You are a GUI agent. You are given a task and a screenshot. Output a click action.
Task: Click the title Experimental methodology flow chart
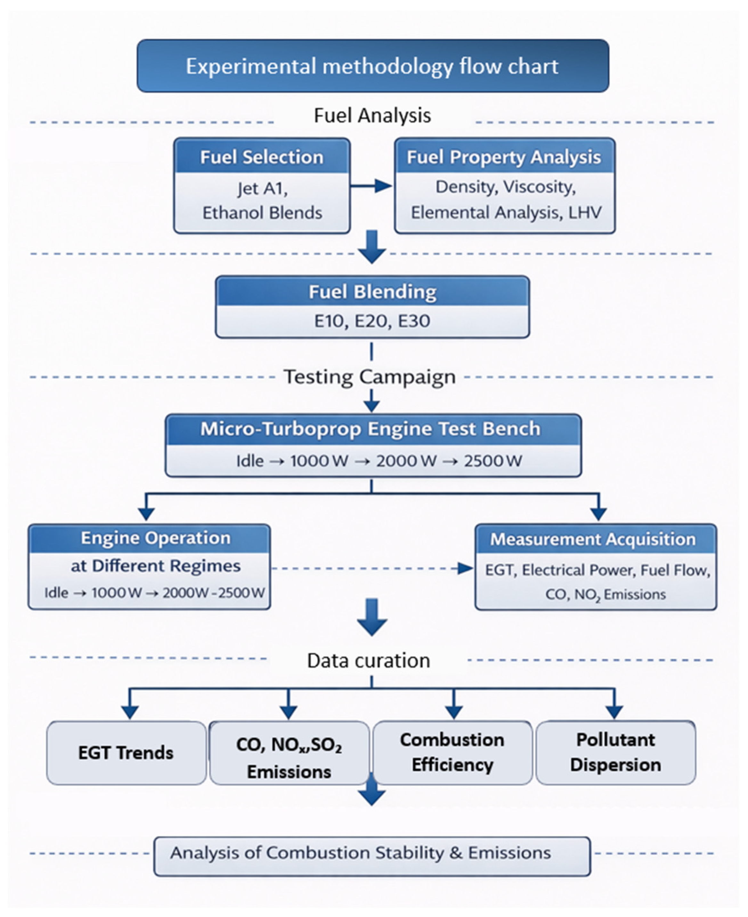[372, 66]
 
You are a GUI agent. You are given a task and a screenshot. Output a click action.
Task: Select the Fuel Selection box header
[262, 157]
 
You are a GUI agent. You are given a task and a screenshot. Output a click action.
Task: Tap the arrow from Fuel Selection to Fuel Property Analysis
[371, 186]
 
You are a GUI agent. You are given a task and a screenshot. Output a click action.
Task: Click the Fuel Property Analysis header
[504, 157]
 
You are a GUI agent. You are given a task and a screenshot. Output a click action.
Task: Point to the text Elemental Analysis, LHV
[506, 212]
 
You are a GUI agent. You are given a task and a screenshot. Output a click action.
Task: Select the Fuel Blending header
[372, 292]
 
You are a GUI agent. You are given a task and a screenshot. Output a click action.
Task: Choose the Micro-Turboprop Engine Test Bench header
[370, 429]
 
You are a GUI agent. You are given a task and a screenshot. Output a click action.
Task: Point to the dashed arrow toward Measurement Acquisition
[372, 568]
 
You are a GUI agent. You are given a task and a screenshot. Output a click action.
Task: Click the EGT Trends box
[126, 753]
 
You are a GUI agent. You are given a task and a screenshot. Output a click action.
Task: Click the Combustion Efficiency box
[452, 752]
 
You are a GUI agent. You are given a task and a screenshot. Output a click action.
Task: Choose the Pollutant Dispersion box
[615, 752]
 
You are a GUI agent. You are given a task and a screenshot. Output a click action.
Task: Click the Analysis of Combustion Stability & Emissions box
[372, 853]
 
